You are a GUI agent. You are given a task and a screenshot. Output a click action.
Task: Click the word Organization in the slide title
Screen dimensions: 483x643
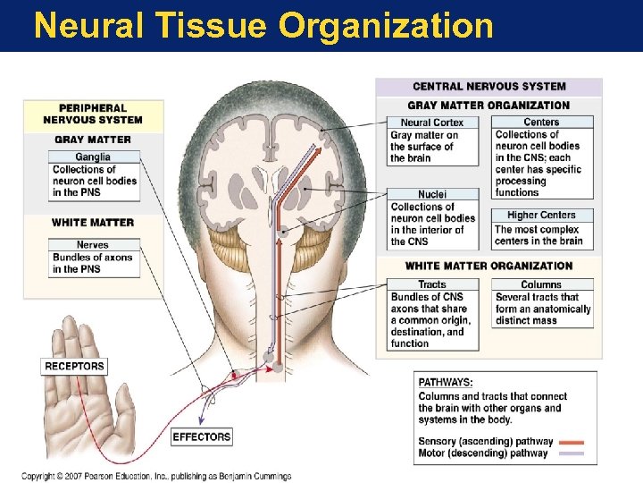[386, 25]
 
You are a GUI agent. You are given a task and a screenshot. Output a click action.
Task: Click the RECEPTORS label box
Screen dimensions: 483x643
[75, 366]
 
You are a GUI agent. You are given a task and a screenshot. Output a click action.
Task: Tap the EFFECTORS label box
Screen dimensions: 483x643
[202, 437]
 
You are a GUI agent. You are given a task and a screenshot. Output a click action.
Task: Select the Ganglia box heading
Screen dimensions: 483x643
[93, 157]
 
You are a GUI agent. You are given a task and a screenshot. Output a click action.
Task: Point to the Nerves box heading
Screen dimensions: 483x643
[93, 244]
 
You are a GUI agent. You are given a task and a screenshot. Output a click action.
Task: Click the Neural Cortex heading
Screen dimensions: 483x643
[432, 123]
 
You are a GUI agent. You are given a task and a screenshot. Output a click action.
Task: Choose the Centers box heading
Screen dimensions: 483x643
[541, 123]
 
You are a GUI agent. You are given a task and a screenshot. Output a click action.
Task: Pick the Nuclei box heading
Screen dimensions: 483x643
[432, 194]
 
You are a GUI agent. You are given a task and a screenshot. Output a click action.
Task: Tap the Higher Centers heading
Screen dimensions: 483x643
[541, 216]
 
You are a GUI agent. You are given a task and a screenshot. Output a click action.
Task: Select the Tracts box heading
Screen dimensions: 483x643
[432, 285]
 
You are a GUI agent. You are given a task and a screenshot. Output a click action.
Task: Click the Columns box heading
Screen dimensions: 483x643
[541, 285]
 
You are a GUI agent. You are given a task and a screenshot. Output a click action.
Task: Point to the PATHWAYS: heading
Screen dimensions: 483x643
[446, 383]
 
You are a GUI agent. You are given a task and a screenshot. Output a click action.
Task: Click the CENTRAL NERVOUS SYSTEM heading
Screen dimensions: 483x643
[489, 87]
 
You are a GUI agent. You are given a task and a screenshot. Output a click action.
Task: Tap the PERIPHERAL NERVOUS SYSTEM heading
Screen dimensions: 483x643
[93, 114]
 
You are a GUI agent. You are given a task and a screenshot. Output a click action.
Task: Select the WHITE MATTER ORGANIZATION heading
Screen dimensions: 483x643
[489, 266]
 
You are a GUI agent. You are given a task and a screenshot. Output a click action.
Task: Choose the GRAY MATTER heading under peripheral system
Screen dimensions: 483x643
[93, 140]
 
